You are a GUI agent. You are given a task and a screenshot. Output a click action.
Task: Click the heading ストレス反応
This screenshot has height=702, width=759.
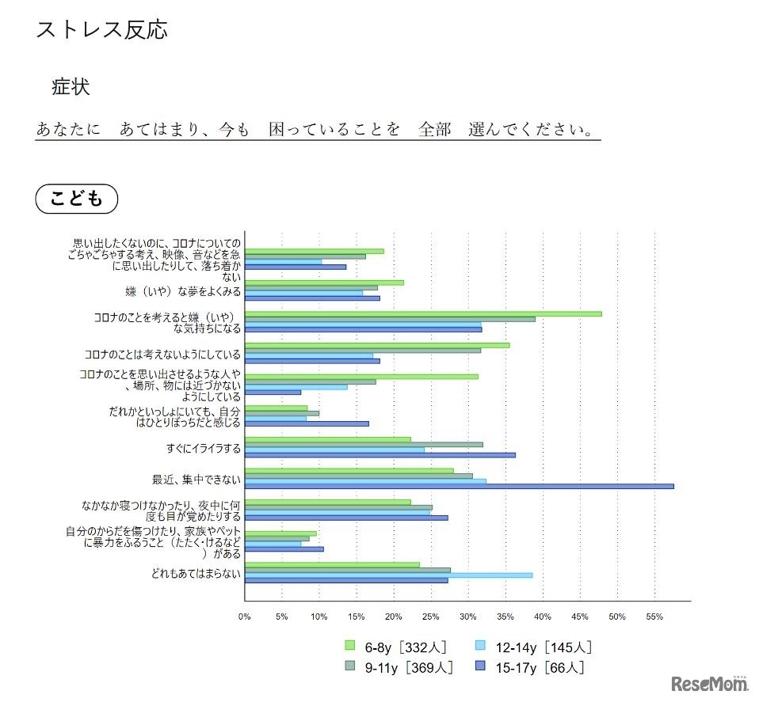tap(102, 30)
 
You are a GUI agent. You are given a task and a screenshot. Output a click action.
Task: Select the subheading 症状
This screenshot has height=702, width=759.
tap(71, 87)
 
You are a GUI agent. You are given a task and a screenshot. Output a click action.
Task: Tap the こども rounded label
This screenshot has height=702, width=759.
tap(77, 199)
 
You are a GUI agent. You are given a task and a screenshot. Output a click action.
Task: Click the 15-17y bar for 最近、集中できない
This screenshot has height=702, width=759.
tap(459, 486)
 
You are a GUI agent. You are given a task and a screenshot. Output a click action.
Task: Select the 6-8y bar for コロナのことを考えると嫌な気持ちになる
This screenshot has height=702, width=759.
tap(423, 313)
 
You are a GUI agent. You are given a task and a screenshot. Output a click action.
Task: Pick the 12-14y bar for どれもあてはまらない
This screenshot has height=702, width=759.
tap(388, 575)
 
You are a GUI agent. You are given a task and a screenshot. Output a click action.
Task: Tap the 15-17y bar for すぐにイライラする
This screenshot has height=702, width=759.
tap(379, 454)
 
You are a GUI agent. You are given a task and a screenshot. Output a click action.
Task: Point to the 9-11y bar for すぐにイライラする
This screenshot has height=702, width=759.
tap(364, 445)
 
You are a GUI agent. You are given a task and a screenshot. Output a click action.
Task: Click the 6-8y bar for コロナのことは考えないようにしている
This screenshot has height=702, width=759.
tap(377, 345)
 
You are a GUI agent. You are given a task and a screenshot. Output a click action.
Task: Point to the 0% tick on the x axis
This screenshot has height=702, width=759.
tap(245, 617)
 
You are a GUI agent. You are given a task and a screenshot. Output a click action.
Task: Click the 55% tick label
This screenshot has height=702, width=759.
tap(654, 617)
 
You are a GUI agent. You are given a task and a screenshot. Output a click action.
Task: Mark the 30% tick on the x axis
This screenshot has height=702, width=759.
tap(468, 617)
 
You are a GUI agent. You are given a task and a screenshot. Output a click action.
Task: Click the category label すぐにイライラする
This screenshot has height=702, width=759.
tap(204, 449)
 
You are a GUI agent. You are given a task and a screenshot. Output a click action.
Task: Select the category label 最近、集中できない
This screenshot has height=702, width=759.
tap(196, 480)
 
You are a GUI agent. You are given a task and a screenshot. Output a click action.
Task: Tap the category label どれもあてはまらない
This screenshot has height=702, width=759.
tap(196, 574)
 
